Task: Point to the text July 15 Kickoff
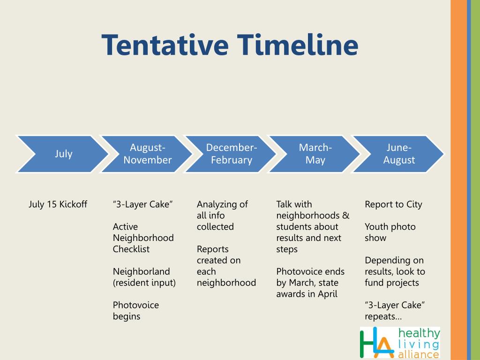coord(58,204)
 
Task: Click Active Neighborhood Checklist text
coord(143,238)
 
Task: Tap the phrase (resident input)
coord(144,283)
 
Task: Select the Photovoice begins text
coord(135,310)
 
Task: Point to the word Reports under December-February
coord(212,249)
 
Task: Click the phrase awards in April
coord(307,294)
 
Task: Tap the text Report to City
coord(393,204)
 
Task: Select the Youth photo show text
coord(390,232)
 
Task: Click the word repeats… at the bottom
coord(383,316)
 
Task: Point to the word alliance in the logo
coord(419,354)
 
